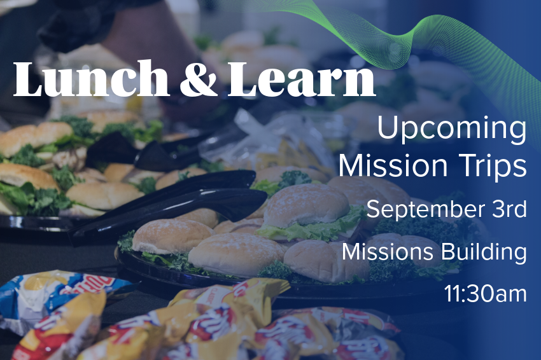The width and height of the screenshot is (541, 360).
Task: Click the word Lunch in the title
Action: pyautogui.click(x=91, y=78)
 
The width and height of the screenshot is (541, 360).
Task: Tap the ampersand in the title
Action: pyautogui.click(x=199, y=79)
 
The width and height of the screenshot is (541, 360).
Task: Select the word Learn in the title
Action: pyautogui.click(x=302, y=79)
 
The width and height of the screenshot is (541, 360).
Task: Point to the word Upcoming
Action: pyautogui.click(x=452, y=129)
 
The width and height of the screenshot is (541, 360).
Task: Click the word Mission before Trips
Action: pyautogui.click(x=393, y=165)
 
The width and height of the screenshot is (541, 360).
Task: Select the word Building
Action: pyautogui.click(x=484, y=253)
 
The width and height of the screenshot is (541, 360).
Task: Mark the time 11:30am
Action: pyautogui.click(x=486, y=293)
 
